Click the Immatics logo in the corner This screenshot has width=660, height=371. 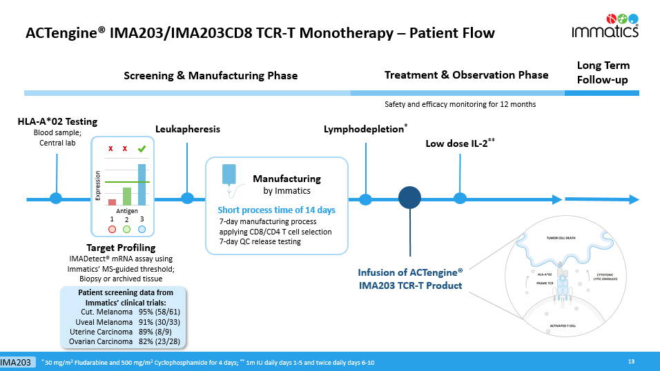605,24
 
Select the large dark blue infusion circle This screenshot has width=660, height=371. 409,199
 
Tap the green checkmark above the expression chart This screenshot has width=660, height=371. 142,148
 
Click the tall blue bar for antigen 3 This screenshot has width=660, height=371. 142,184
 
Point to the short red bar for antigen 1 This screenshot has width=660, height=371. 112,202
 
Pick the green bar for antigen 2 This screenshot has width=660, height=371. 126,196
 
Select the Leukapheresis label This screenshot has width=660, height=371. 188,129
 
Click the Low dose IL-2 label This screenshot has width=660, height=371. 460,143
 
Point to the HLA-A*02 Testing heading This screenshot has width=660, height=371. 57,122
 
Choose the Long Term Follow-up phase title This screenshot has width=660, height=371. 603,72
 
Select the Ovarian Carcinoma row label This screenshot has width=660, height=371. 104,341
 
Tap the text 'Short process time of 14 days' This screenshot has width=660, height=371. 276,210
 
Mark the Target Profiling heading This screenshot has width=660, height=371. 121,248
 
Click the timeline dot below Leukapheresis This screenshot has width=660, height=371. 187,199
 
